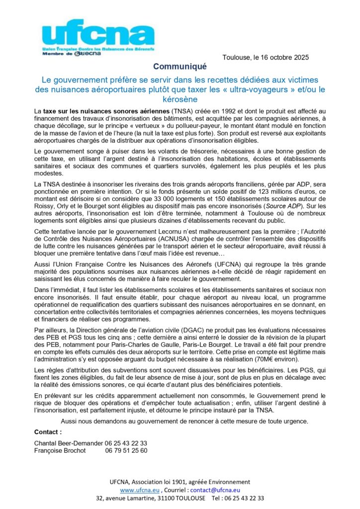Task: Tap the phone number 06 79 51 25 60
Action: click(x=126, y=450)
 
